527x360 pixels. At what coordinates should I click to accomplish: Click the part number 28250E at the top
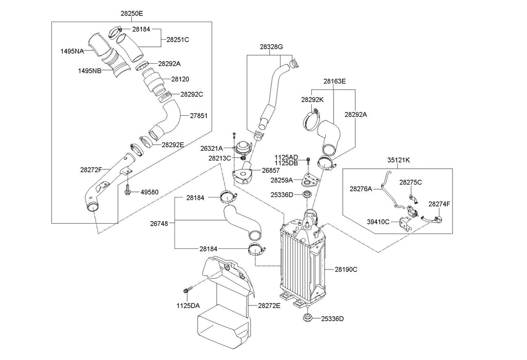click(132, 13)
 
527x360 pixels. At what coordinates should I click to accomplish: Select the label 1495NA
click(72, 51)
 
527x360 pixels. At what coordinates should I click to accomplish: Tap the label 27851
click(199, 116)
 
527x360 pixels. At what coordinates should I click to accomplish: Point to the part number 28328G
click(271, 47)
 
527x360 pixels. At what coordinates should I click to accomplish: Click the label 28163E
click(335, 81)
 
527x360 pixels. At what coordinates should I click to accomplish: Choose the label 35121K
click(399, 160)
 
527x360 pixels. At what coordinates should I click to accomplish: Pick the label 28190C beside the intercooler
click(346, 269)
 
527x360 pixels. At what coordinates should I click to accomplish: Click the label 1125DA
click(188, 305)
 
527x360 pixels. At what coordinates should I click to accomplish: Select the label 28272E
click(269, 305)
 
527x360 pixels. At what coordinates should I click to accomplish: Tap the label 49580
click(150, 192)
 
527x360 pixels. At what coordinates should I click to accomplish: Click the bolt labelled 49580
click(128, 189)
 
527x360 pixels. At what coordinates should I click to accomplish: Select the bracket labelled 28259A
click(310, 179)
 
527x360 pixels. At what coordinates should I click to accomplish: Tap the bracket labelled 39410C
click(405, 224)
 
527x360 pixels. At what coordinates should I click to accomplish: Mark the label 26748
click(159, 223)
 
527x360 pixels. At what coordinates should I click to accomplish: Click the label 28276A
click(361, 189)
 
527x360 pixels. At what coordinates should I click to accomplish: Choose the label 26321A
click(212, 148)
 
